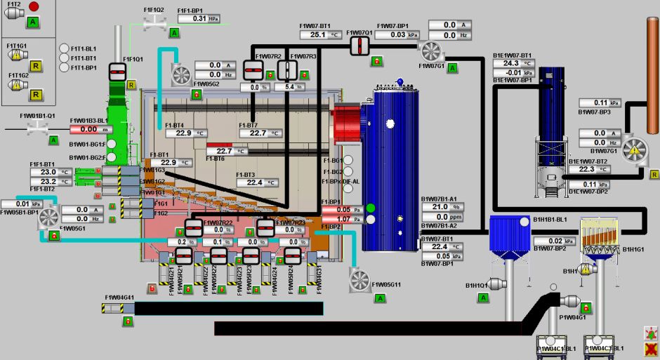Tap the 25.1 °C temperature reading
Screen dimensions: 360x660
pyautogui.click(x=319, y=34)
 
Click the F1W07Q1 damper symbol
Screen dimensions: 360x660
pyautogui.click(x=359, y=45)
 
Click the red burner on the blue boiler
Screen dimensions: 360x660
pyautogui.click(x=346, y=130)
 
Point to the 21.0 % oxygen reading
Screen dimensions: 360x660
pyautogui.click(x=439, y=207)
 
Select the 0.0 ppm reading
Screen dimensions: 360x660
pyautogui.click(x=439, y=217)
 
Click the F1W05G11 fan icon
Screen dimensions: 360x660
pyautogui.click(x=359, y=280)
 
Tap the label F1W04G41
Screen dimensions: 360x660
pyautogui.click(x=119, y=298)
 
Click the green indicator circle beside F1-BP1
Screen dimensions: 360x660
pyautogui.click(x=371, y=208)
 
